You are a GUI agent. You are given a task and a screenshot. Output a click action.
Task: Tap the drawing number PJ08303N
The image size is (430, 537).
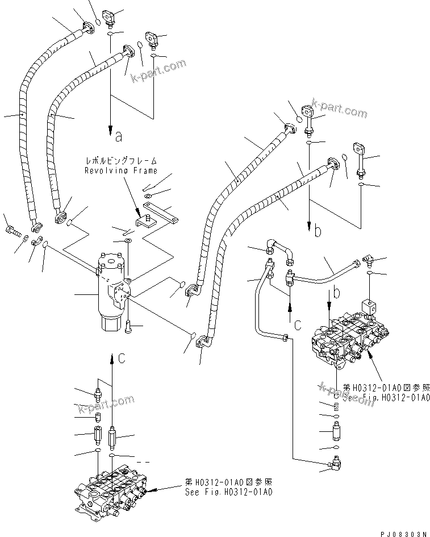pyautogui.click(x=403, y=533)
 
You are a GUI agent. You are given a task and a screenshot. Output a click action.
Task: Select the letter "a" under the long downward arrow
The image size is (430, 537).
pyautogui.click(x=118, y=136)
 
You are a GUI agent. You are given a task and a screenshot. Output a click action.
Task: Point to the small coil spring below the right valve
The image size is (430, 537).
pyautogui.click(x=337, y=407)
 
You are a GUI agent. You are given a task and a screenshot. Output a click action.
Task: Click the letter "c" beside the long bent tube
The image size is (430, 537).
pyautogui.click(x=297, y=326)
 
